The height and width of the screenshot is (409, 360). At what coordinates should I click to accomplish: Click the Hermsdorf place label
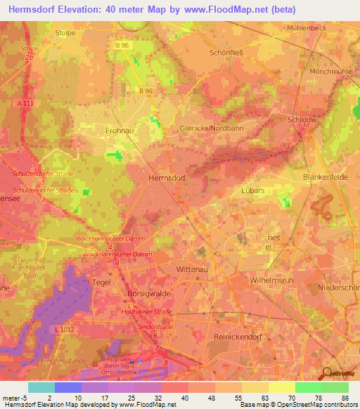tap(167, 178)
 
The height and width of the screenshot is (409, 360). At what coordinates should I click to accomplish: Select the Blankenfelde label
tap(325, 178)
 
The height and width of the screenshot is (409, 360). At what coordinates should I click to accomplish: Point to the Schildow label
tap(302, 119)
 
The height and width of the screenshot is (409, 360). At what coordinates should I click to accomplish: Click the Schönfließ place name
tap(230, 53)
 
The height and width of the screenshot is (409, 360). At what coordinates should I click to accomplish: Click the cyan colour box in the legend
tap(41, 387)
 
